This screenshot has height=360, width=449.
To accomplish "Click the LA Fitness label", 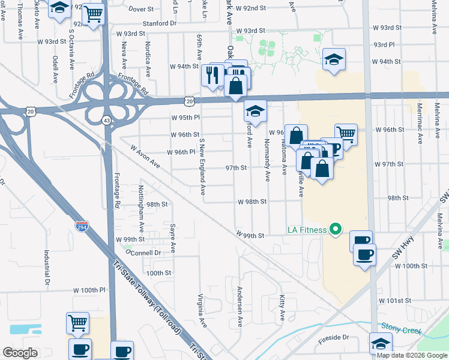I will (307, 229).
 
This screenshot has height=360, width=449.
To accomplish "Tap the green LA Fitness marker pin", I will (336, 229).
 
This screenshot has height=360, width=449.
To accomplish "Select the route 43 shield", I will (106, 120).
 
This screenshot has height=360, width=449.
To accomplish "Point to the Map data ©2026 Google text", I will (411, 355).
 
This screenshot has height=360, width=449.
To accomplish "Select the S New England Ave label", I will (202, 166).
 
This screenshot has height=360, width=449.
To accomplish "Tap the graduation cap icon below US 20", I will (255, 111).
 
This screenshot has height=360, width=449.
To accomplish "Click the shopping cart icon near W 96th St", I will (346, 133).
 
